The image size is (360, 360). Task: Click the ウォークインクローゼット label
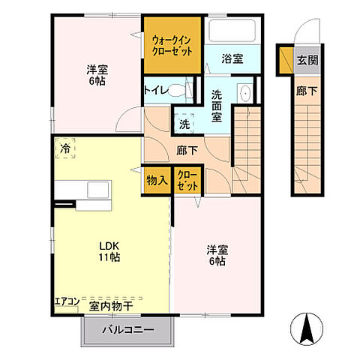click(172, 45)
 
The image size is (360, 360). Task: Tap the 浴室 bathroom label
click(231, 58)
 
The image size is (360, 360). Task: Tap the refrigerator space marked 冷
click(66, 148)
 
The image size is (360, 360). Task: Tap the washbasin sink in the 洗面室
click(245, 94)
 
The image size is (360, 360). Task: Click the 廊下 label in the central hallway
click(187, 150)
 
